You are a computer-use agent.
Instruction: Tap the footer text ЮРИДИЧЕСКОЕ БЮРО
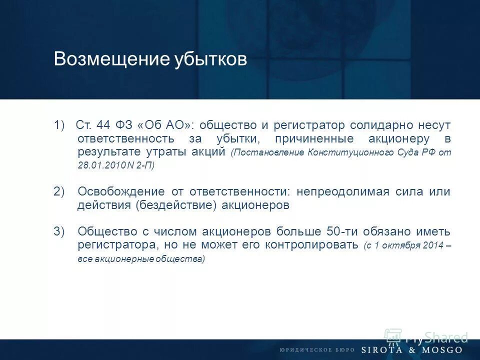316,350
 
